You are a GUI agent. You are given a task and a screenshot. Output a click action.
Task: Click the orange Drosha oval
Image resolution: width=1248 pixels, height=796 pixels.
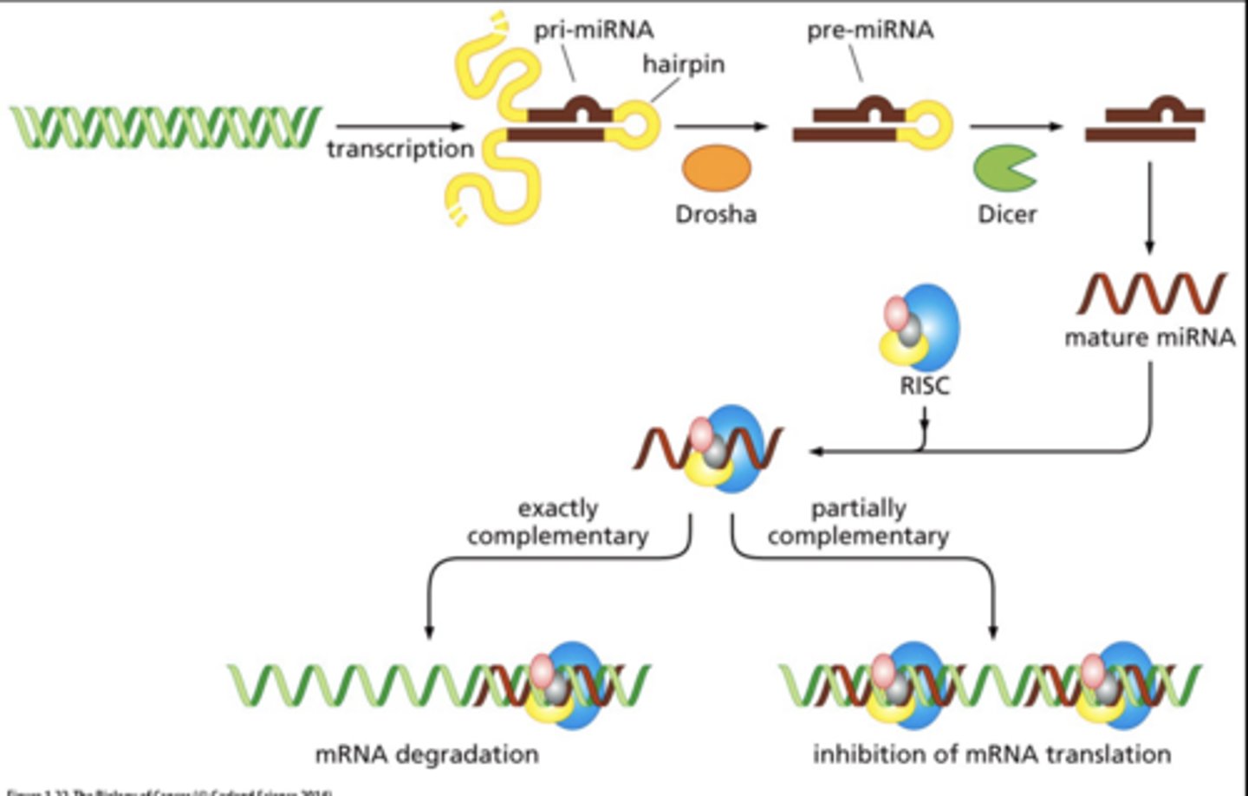point(716,168)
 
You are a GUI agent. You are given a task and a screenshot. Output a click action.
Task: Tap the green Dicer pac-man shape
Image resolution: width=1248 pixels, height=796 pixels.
point(1003,168)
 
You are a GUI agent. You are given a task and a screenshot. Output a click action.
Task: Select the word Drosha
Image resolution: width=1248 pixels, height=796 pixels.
point(716,214)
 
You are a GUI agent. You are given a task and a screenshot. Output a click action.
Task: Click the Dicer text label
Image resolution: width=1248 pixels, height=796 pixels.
point(1007,214)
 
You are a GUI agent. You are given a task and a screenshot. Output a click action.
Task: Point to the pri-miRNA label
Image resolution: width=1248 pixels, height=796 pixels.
point(594,30)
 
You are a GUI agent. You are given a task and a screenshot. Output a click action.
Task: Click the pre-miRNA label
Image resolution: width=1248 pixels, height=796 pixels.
point(870,30)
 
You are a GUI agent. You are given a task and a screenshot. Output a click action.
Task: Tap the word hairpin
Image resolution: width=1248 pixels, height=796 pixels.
point(683,64)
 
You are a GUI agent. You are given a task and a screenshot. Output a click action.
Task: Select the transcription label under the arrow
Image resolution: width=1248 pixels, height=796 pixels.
point(400,149)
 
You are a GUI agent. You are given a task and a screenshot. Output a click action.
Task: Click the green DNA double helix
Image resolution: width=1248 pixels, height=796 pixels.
point(165,127)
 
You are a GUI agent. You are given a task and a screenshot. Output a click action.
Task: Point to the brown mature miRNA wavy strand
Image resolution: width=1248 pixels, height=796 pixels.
point(1151,293)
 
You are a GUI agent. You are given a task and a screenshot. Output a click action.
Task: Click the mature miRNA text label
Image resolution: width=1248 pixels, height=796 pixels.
point(1149,337)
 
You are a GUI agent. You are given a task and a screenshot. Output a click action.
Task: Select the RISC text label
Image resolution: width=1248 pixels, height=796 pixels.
point(924,385)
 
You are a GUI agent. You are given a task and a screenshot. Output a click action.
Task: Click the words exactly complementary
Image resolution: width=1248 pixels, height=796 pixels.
point(558,522)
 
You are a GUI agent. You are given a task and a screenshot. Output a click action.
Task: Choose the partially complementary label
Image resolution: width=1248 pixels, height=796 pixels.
point(858,522)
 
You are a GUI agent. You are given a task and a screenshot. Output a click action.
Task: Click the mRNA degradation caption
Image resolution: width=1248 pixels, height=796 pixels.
point(426,754)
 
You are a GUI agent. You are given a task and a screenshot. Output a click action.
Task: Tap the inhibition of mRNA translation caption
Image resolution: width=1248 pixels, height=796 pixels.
point(991,754)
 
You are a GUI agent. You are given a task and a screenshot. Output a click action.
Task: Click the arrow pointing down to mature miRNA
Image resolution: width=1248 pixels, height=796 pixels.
point(1149,208)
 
